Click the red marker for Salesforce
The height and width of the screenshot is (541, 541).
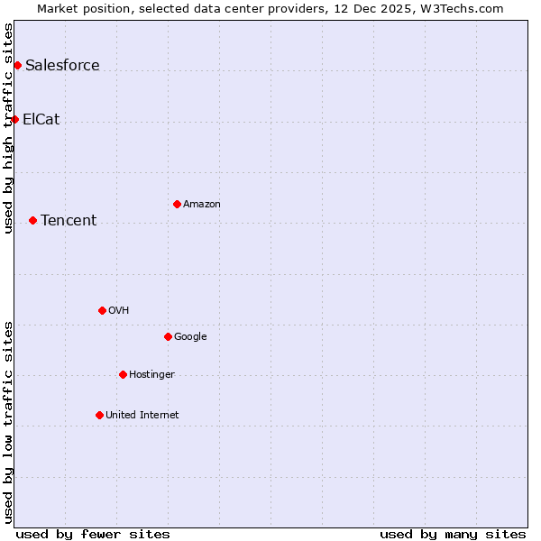pyautogui.click(x=17, y=65)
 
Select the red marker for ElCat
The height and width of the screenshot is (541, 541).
pyautogui.click(x=14, y=119)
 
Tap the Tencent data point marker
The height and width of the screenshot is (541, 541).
pyautogui.click(x=32, y=220)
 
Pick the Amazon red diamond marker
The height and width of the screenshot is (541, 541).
pyautogui.click(x=177, y=204)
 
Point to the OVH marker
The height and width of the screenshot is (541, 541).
pyautogui.click(x=102, y=310)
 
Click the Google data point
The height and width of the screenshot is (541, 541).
pyautogui.click(x=168, y=336)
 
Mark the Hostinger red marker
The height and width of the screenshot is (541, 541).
pyautogui.click(x=123, y=374)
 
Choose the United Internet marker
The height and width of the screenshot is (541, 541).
pyautogui.click(x=99, y=415)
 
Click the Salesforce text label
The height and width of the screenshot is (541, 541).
pyautogui.click(x=62, y=65)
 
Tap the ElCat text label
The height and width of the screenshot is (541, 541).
pyautogui.click(x=41, y=119)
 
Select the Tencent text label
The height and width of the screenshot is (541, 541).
pyautogui.click(x=69, y=220)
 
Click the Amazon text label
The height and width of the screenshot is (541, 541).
pyautogui.click(x=202, y=204)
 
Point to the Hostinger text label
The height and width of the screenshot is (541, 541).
pyautogui.click(x=151, y=374)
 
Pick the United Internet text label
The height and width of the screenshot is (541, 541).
pyautogui.click(x=142, y=415)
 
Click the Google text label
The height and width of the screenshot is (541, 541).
pyautogui.click(x=190, y=336)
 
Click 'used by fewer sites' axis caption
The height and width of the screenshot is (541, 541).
pyautogui.click(x=93, y=534)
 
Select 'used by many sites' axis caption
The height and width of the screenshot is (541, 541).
pyautogui.click(x=453, y=534)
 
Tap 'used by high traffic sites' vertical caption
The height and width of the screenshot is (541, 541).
pyautogui.click(x=8, y=128)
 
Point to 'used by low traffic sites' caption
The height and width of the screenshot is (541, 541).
pyautogui.click(x=8, y=421)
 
